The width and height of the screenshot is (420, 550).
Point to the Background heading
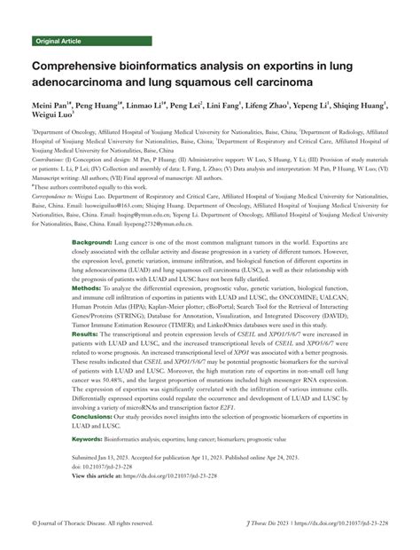[116, 242]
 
